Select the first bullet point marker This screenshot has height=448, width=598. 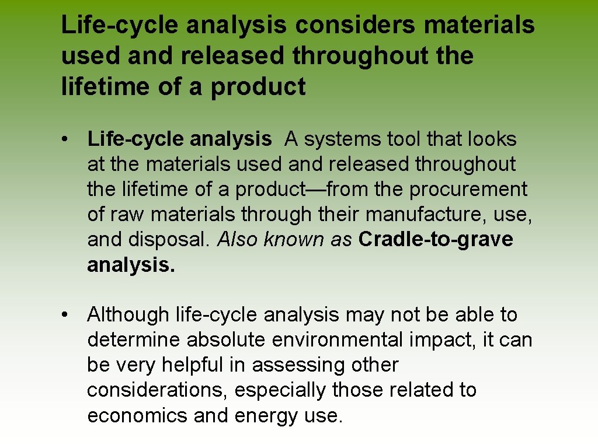click(69, 139)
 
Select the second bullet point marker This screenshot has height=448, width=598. click(69, 315)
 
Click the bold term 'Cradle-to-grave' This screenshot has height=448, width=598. click(436, 240)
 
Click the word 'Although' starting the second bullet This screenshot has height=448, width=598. click(128, 315)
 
